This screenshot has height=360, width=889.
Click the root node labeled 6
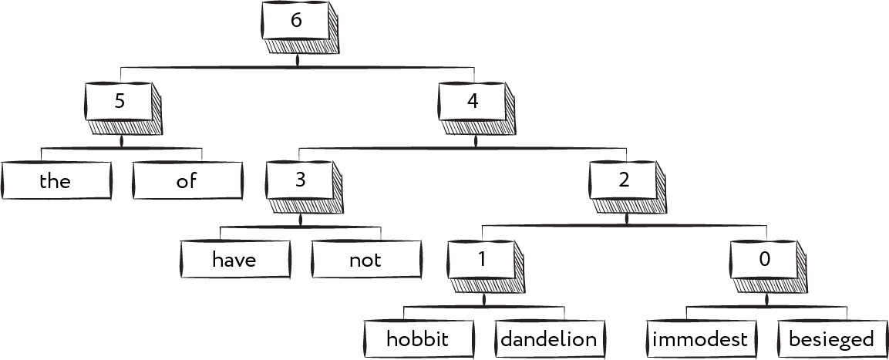(x=296, y=22)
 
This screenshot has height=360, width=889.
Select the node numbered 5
(x=120, y=102)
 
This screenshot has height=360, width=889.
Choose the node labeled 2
(x=624, y=182)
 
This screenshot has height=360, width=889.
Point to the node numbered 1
(x=482, y=261)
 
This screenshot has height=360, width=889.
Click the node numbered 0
(x=764, y=261)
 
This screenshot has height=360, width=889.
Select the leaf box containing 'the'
(x=55, y=181)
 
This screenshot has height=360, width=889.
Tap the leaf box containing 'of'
(x=187, y=181)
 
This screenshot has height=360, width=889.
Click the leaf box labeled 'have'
(x=234, y=261)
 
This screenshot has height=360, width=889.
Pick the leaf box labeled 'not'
(x=365, y=261)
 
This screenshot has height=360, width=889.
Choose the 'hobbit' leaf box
(x=417, y=339)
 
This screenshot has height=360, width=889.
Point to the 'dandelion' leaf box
(x=548, y=339)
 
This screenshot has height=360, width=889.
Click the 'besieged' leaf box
(x=831, y=339)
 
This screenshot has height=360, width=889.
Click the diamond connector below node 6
(x=298, y=60)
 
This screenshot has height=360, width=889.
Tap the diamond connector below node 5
(x=122, y=141)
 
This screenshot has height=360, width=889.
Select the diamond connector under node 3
(x=301, y=220)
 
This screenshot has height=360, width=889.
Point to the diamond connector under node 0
(x=766, y=300)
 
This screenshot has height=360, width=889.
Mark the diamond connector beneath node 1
(x=484, y=300)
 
